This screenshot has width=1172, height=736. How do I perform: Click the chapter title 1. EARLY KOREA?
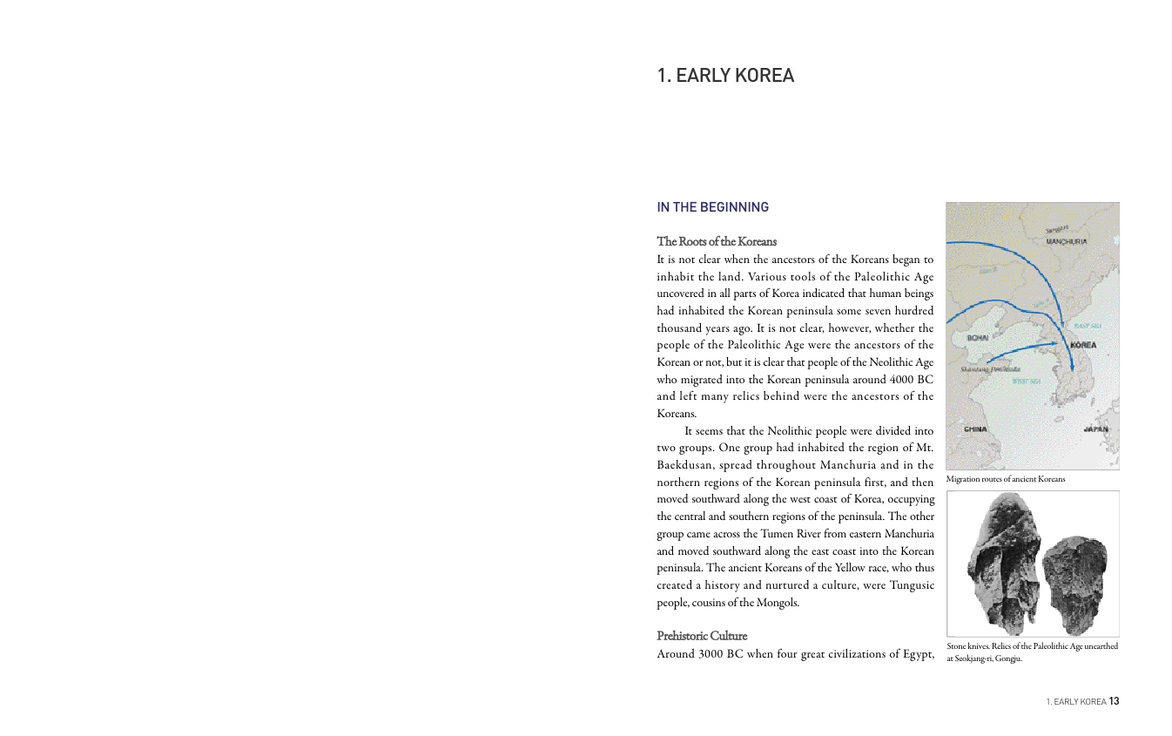point(725,76)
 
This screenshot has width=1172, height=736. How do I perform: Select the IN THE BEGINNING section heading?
point(712,207)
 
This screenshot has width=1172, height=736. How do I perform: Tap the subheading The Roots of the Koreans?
point(716,241)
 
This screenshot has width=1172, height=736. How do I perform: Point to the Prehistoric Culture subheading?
point(701,636)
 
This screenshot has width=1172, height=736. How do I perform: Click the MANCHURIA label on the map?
point(1066,241)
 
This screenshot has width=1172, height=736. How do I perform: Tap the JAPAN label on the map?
point(1095,429)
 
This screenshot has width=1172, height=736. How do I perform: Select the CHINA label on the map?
point(975,429)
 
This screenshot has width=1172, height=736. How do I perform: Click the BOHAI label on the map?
point(978,336)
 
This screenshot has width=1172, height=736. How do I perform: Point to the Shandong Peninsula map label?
point(990,369)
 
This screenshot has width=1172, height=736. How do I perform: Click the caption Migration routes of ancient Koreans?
point(1005,479)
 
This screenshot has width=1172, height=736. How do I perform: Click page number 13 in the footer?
point(1114,701)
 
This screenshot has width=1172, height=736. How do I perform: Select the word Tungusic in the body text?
point(912,584)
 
